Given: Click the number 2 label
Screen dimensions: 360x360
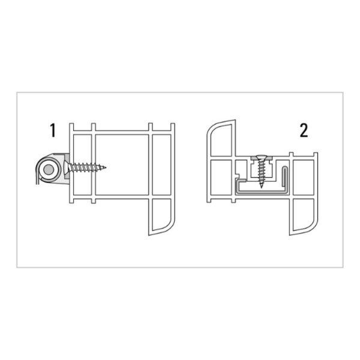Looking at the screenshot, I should tap(304, 130).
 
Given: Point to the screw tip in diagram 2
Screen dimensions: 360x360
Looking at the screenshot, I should tap(261, 187).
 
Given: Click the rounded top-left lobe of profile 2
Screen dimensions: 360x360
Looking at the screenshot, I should tap(220, 139).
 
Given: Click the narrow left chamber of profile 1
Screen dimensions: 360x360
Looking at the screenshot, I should tap(82, 165).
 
